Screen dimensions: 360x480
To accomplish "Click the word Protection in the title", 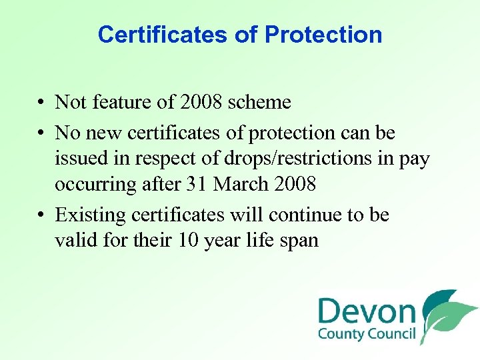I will pos(323,35).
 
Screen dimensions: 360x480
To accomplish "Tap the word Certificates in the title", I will pos(163,35).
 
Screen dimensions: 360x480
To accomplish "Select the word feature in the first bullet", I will pos(119,102).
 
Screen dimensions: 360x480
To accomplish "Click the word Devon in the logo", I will pos(367,311).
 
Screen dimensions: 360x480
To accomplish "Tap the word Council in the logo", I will pos(393,334).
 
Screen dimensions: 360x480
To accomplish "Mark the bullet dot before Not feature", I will pos(41,103).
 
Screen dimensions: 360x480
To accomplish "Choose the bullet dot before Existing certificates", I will pos(41,216).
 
